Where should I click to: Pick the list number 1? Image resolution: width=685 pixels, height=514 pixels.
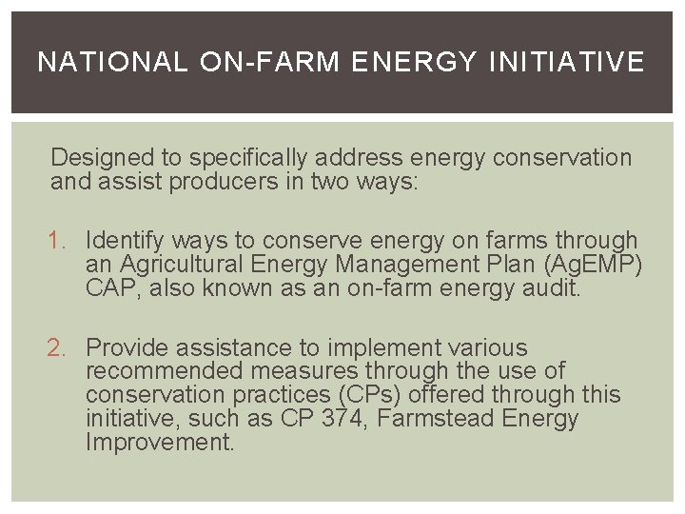[58, 242]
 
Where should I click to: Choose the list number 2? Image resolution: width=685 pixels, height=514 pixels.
[58, 349]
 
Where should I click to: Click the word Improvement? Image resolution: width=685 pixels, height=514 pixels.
[159, 442]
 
